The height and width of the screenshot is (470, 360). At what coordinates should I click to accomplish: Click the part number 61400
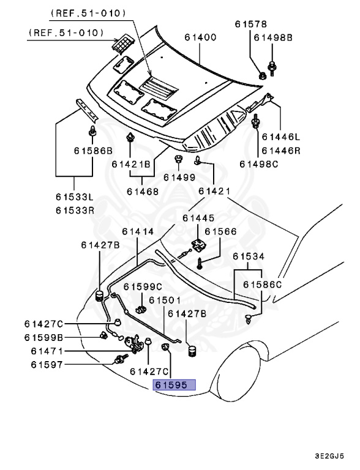[x=201, y=37]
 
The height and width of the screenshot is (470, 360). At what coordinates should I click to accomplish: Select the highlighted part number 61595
[x=174, y=386]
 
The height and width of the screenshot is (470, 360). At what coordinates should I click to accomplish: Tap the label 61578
[x=251, y=24]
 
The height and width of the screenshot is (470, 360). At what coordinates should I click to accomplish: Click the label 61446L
[x=282, y=138]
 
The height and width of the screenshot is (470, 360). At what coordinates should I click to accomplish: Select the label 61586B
[x=94, y=151]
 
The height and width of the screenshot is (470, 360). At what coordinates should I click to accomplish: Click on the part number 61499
[x=179, y=177]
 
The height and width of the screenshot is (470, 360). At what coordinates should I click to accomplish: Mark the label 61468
[x=143, y=191]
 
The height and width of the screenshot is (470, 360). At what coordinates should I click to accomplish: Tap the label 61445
[x=198, y=218]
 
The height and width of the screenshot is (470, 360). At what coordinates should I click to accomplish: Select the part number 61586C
[x=262, y=285]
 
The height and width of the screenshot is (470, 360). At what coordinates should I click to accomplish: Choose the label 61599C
[x=143, y=286]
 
